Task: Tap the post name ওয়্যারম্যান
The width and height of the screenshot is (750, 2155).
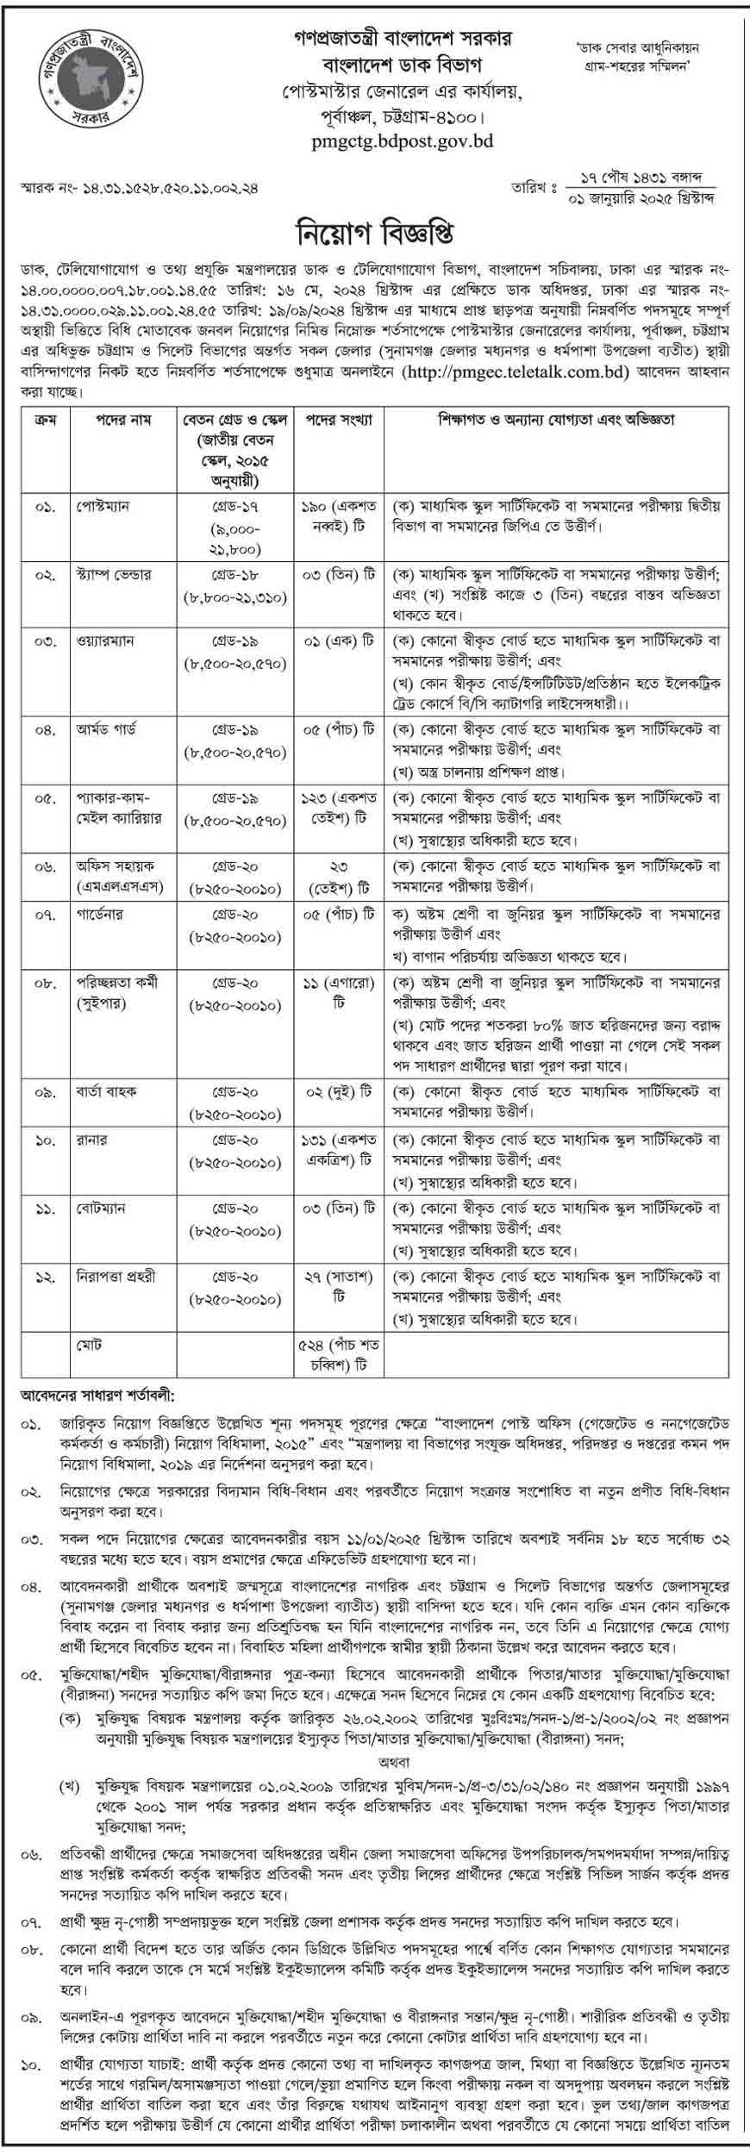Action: (x=104, y=641)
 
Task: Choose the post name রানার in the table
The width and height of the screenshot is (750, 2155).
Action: (x=91, y=1140)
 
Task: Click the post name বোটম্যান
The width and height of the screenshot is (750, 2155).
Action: (x=100, y=1209)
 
